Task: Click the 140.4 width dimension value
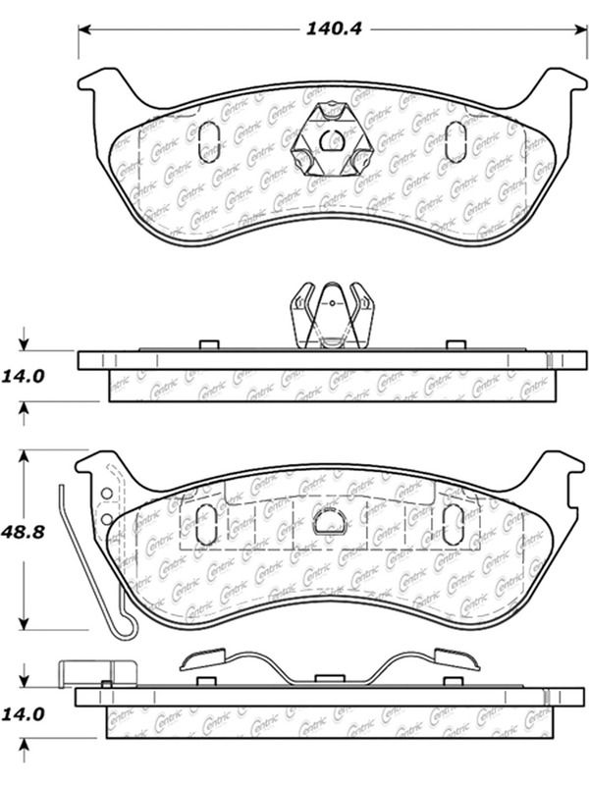tap(334, 28)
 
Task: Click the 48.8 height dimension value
tap(23, 531)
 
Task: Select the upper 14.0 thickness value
tap(23, 376)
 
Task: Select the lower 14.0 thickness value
tap(23, 714)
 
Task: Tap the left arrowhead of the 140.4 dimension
tap(84, 29)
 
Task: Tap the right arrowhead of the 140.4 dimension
tap(581, 29)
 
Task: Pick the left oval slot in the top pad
tap(209, 143)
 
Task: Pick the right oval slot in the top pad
tap(455, 142)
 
